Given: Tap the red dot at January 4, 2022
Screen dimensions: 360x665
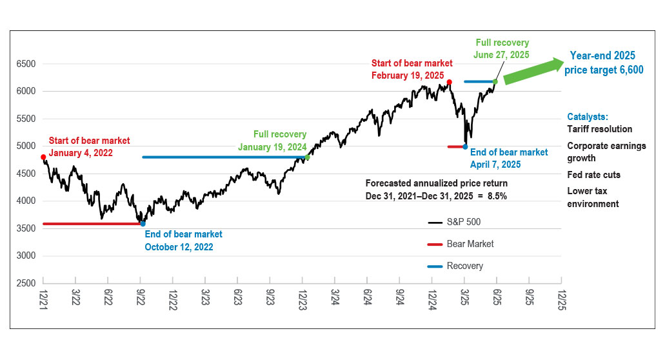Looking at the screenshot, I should [43, 157].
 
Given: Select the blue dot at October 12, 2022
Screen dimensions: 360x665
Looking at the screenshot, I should [143, 224].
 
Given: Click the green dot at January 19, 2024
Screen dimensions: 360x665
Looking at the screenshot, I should [307, 157].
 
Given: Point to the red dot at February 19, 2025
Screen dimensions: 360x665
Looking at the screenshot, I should [450, 82].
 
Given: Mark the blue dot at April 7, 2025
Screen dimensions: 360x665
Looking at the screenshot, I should [465, 146].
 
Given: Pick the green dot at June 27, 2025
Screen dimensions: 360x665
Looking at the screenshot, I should [495, 81].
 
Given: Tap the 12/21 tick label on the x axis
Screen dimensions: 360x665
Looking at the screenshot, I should [43, 299].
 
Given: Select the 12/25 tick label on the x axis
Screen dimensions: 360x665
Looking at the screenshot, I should [562, 299].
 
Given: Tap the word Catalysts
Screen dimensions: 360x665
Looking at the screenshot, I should [588, 117].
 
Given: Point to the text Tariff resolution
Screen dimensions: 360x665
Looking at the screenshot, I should [600, 129].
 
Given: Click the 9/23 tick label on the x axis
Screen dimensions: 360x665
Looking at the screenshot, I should [270, 299].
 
